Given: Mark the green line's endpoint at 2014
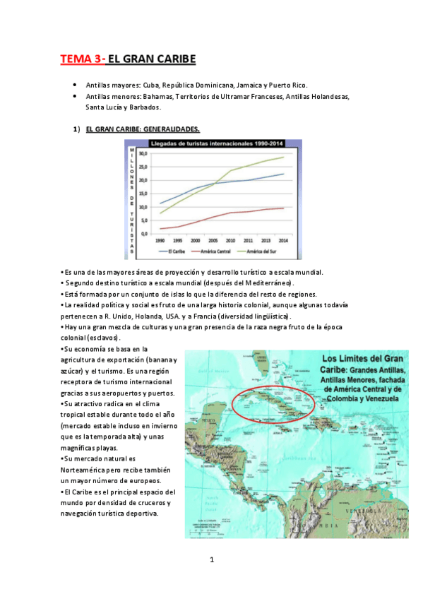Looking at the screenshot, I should [284, 157].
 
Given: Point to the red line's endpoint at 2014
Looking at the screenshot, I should [284, 208].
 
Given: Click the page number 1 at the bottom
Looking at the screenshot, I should [212, 561].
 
